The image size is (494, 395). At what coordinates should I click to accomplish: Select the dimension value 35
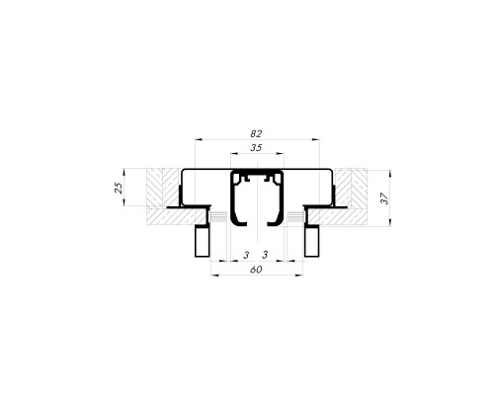(256, 147)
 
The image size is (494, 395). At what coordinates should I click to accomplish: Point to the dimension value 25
(118, 188)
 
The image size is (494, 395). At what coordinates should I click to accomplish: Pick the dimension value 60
(255, 270)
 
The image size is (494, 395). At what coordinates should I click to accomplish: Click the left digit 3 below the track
(246, 255)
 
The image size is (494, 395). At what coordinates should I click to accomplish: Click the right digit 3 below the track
(267, 255)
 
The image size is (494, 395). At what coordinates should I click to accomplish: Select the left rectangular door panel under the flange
(202, 240)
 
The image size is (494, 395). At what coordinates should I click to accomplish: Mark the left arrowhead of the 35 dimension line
(233, 155)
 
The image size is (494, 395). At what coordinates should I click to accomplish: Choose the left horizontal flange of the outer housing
(188, 207)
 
